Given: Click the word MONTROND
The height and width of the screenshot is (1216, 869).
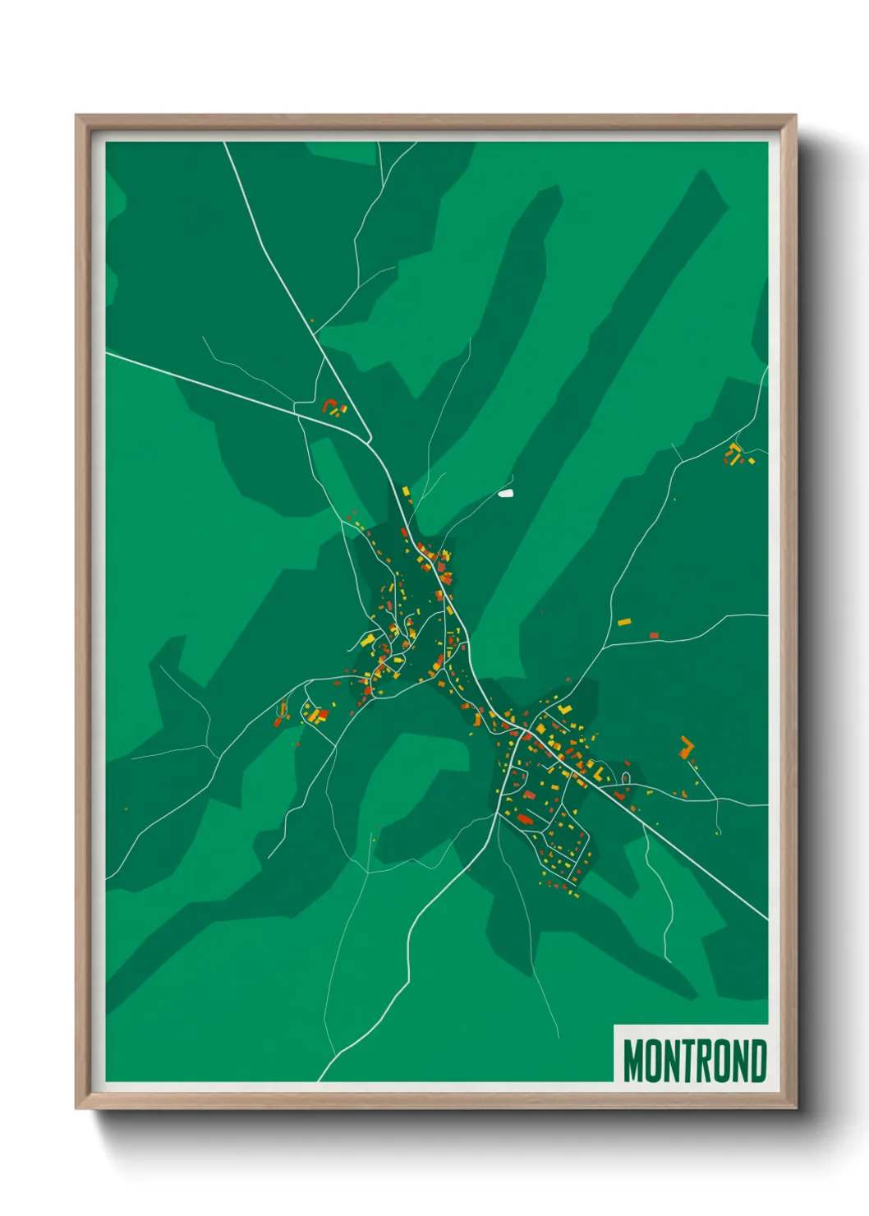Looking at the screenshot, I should click(x=695, y=1061).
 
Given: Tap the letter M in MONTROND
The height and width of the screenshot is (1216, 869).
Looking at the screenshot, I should click(x=633, y=1061).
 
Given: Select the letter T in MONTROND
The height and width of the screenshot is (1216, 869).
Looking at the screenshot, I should click(x=686, y=1061).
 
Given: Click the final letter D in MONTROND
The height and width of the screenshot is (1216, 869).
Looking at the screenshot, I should click(x=757, y=1061).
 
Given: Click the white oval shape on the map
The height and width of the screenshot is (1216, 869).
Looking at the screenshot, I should click(x=506, y=494).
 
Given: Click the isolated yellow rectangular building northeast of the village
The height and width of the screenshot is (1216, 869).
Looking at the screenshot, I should click(x=624, y=622).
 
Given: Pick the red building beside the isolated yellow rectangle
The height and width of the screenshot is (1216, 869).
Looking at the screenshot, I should click(x=654, y=635).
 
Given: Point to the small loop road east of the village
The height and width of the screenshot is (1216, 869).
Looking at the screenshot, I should click(x=626, y=776).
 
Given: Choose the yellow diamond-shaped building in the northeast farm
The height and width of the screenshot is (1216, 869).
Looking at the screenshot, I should click(x=735, y=448).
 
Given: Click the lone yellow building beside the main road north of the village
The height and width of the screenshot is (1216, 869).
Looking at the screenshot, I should click(x=405, y=491).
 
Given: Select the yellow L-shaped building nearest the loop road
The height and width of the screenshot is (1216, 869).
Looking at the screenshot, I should click(x=599, y=774).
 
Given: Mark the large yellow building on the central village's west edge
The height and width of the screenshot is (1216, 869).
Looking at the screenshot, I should click(x=368, y=639).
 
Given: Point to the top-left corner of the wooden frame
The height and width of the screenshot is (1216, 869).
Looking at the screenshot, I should click(x=77, y=116).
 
